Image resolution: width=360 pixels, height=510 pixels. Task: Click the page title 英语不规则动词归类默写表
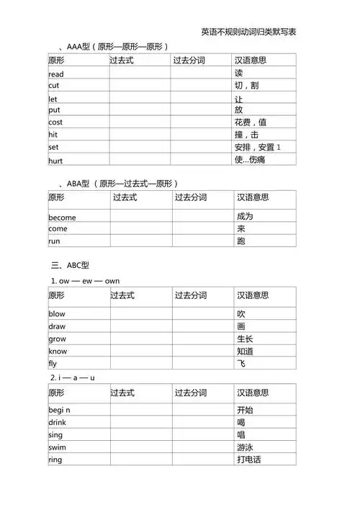[x=249, y=32]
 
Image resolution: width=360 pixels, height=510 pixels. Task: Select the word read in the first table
[x=56, y=74]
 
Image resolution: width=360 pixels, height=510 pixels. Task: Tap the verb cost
[x=55, y=122]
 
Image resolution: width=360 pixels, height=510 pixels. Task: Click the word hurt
[x=55, y=160]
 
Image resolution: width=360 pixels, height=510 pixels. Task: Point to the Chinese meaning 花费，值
[x=251, y=122]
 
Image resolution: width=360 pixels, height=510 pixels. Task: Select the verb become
[x=62, y=217]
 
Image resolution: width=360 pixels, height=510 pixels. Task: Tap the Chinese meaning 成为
[x=245, y=216]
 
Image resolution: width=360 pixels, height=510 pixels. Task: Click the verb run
[x=54, y=241]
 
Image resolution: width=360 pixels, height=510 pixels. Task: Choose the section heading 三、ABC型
[x=69, y=265]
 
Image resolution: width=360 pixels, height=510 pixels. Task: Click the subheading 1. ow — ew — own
[x=85, y=280]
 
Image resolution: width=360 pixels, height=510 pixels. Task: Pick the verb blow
[x=57, y=314]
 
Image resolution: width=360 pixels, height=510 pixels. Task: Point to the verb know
[x=58, y=351]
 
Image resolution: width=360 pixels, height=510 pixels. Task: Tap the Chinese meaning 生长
[x=245, y=339]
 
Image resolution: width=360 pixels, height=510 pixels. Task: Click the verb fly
[x=53, y=364]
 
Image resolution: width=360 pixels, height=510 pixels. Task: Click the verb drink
[x=57, y=422]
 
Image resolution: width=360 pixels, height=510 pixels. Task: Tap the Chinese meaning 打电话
[x=248, y=460]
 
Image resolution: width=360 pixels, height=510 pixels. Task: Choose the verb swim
[x=58, y=447]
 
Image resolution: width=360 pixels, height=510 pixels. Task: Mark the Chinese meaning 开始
[x=245, y=410]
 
